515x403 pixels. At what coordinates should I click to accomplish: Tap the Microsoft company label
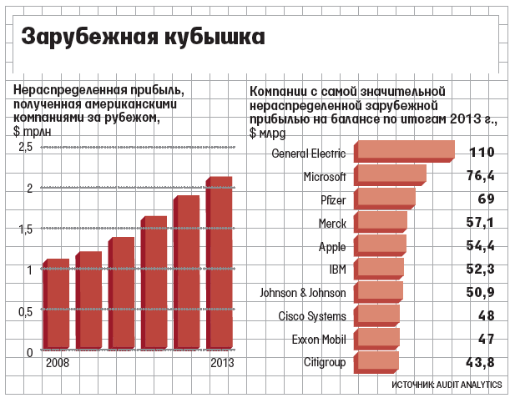click(324, 177)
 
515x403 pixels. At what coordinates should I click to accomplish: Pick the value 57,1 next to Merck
click(480, 224)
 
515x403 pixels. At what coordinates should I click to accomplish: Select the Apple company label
click(332, 247)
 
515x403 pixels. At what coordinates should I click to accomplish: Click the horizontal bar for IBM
click(379, 270)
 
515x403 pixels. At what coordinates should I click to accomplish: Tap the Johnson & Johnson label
click(302, 294)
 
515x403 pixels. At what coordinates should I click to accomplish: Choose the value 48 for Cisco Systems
click(486, 315)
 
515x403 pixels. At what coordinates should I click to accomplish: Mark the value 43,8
click(480, 362)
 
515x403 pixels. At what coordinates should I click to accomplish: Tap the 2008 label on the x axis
click(58, 364)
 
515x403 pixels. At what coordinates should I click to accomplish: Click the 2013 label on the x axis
click(222, 364)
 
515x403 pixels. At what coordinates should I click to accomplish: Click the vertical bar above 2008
click(56, 305)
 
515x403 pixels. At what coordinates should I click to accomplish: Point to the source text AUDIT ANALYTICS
click(471, 385)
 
